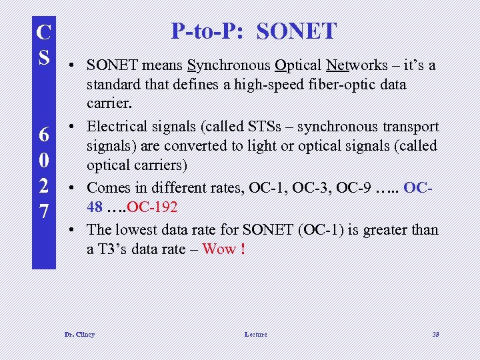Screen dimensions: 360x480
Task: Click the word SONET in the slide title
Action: coord(297,31)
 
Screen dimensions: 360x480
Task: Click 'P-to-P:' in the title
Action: coord(208,31)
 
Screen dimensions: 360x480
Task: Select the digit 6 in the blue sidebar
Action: coord(44,135)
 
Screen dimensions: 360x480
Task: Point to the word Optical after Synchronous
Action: coord(298,65)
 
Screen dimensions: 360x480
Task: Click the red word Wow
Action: coord(219,249)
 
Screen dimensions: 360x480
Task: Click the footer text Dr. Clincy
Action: coord(79,334)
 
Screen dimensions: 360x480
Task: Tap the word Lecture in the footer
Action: coord(255,334)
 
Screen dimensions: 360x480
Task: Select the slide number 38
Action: coord(435,334)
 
